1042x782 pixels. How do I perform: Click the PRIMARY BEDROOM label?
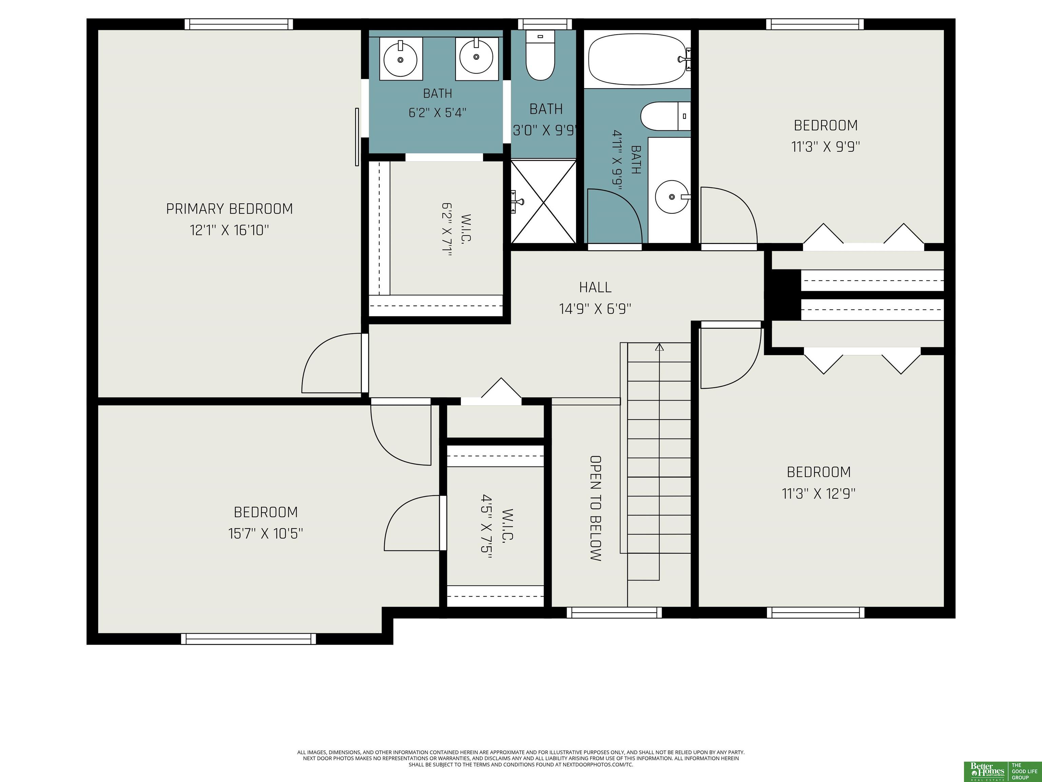229,209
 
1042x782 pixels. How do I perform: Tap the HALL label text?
595,287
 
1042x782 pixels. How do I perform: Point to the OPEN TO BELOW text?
595,508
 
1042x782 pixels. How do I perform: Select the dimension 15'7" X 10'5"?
266,534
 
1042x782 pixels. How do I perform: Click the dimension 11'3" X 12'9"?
819,494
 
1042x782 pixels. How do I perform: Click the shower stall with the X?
544,202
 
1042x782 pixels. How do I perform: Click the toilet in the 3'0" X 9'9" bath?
540,55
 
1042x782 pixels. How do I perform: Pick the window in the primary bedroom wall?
238,24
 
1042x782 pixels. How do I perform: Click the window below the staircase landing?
614,612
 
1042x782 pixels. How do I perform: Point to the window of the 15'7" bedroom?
249,639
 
